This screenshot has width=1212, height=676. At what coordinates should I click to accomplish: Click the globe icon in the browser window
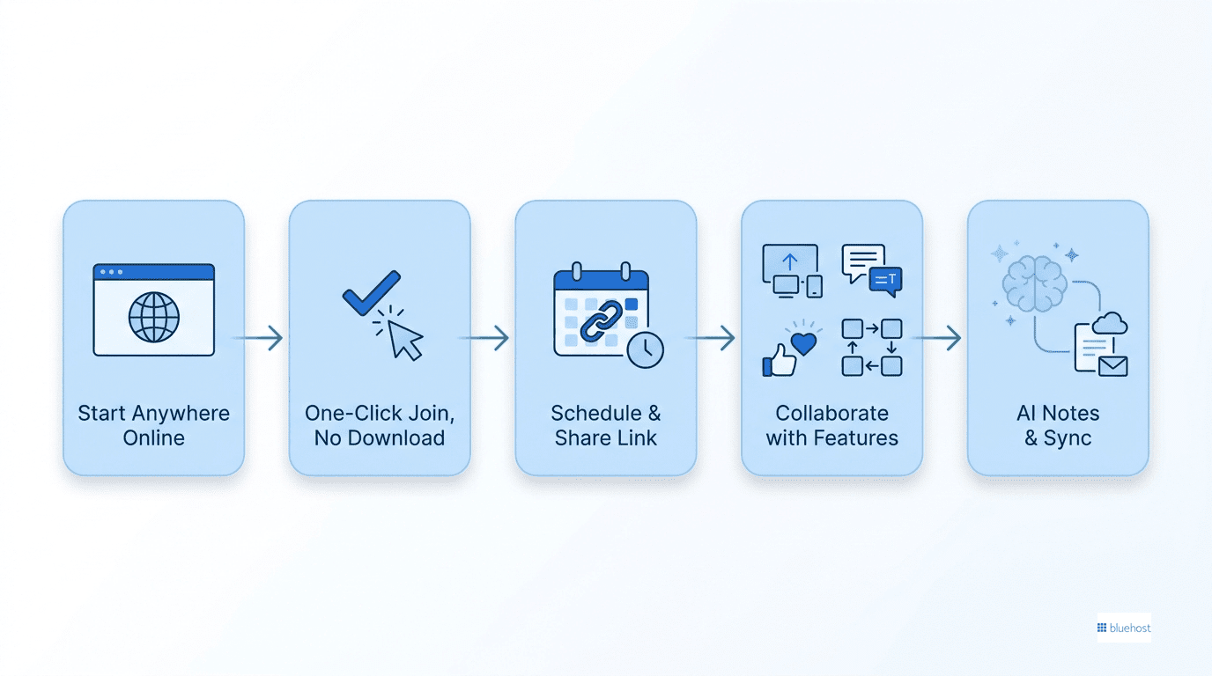coord(153,318)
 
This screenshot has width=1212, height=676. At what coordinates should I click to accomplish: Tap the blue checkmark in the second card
coord(371,292)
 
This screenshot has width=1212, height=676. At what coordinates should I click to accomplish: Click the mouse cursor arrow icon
coord(404,340)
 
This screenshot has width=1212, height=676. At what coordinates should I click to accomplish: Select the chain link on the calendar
coord(601,321)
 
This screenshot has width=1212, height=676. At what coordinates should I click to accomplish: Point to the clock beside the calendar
coord(645,350)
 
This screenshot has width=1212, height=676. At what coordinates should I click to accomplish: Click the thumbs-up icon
coord(780,360)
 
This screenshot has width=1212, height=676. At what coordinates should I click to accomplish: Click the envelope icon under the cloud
coord(1113,366)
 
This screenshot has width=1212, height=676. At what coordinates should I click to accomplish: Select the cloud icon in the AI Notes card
coord(1110,323)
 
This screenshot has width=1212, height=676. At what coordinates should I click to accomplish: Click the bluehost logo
coord(1124,628)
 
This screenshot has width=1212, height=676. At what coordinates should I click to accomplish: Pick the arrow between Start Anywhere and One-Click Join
coord(258,338)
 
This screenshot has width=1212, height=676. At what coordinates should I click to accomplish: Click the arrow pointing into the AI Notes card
coord(936,338)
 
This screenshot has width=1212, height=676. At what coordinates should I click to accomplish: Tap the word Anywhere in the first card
coord(181,414)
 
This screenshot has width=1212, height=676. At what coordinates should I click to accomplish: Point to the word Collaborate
coord(831,413)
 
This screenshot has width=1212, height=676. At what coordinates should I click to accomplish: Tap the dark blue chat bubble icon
coord(886,281)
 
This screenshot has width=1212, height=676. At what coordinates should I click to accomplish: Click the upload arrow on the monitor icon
coord(790,262)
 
